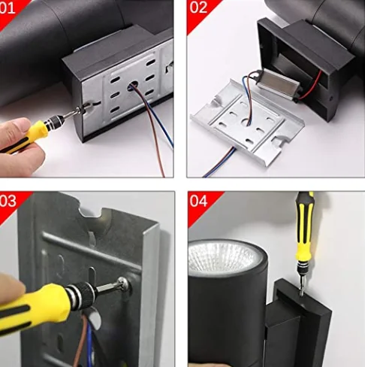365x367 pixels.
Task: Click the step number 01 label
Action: [7, 8]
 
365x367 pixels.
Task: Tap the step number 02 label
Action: [198, 8]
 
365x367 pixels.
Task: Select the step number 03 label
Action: [8, 201]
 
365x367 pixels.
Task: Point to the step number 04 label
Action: [198, 201]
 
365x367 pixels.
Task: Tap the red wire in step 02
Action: [311, 85]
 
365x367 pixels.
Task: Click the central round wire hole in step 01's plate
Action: [133, 84]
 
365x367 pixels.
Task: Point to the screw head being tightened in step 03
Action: [124, 284]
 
